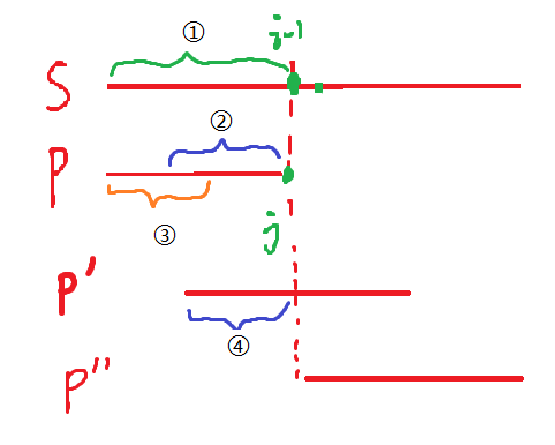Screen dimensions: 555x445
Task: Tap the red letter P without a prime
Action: pyautogui.click(x=59, y=176)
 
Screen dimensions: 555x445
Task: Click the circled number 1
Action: pyautogui.click(x=194, y=33)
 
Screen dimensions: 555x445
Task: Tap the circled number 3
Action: pyautogui.click(x=164, y=235)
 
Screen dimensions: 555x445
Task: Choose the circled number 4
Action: pyautogui.click(x=237, y=346)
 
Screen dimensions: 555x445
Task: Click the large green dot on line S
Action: pyautogui.click(x=293, y=85)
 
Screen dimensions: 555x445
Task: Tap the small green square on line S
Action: pyautogui.click(x=319, y=87)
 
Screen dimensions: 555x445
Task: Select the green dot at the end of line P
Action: pyautogui.click(x=288, y=174)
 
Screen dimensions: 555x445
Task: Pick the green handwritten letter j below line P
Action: pyautogui.click(x=270, y=237)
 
